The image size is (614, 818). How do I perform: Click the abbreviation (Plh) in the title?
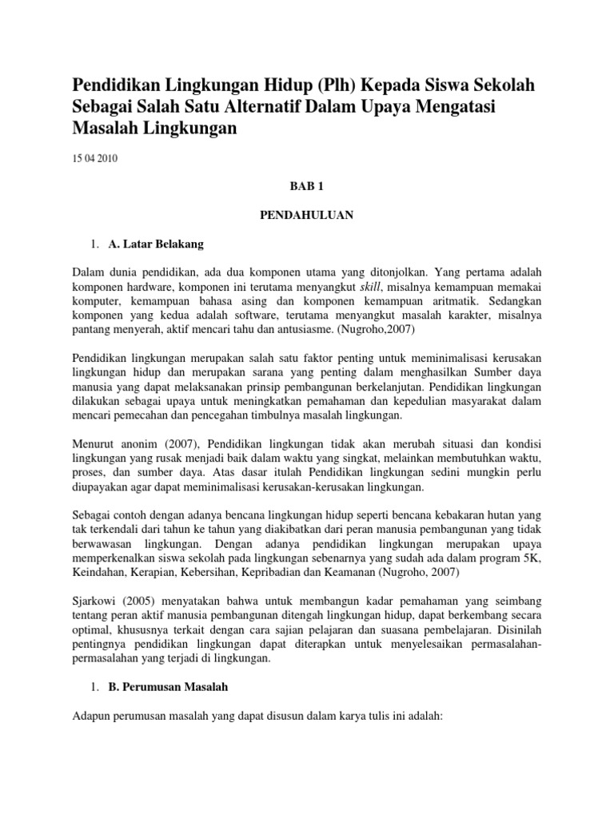(x=325, y=85)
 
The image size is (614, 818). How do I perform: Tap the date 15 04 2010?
(x=94, y=159)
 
